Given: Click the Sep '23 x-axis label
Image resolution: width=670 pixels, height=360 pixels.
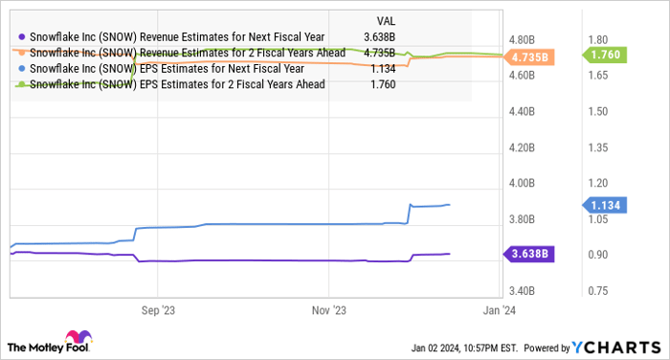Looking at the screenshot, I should (156, 309).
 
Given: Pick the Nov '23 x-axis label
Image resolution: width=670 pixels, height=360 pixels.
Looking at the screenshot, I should (328, 309).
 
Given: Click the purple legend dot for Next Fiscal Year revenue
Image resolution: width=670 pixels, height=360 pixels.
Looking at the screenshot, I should (22, 38).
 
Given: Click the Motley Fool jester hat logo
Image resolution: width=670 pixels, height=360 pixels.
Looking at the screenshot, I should (76, 339).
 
